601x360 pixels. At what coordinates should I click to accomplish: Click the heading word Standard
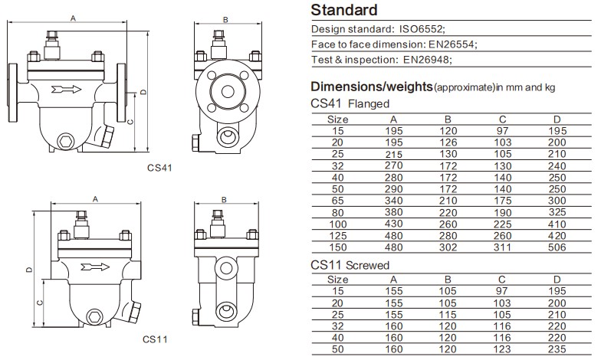344,11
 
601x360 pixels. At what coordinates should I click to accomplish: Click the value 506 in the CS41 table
557,247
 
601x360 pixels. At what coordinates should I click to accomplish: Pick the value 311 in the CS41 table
502,247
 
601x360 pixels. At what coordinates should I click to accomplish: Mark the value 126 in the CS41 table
448,142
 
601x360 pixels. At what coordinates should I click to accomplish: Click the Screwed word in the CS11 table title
368,265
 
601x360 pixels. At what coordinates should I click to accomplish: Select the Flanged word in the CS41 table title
369,104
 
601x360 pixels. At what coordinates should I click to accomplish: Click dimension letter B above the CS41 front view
225,18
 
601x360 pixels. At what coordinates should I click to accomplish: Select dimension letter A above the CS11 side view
95,198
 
